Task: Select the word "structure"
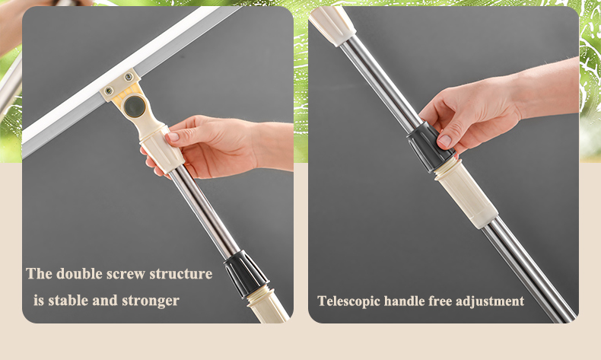(x=181, y=274)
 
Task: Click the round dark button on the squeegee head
(x=135, y=107)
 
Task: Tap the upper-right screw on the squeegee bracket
(x=129, y=77)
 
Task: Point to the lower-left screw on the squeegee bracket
(x=109, y=91)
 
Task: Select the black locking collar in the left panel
(x=246, y=273)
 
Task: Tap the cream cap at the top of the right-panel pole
(x=332, y=24)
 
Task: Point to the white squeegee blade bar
(x=122, y=78)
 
